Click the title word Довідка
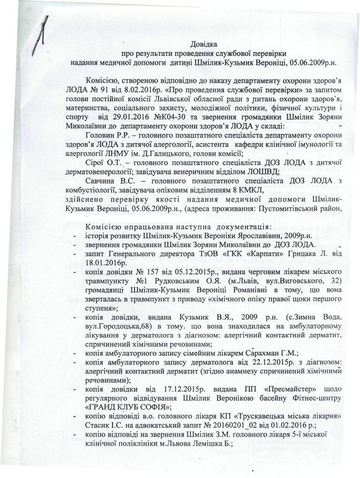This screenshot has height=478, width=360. pos(204,45)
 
